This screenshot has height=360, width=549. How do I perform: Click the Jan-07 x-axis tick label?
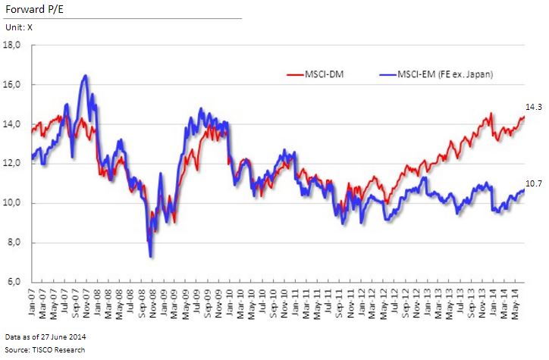pos(33,302)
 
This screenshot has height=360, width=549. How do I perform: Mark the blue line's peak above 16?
pos(85,75)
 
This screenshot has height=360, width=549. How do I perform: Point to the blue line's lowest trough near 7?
pos(150,256)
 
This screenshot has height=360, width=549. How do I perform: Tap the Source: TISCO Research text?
pos(45,349)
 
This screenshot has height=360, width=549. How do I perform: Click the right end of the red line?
pos(523,117)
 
